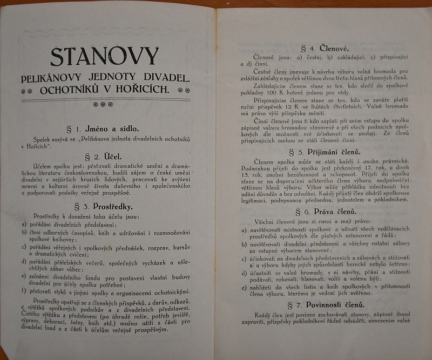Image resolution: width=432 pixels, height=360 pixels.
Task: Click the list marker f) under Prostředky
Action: tap(24, 291)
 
